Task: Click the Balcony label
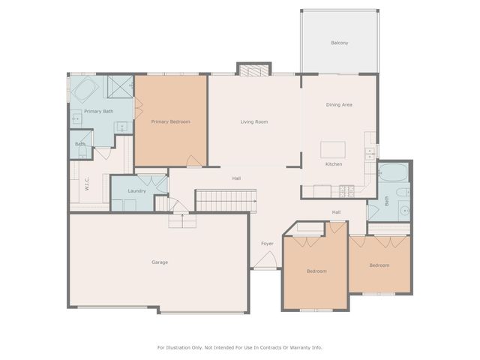(x=340, y=43)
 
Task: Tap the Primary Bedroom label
(x=170, y=121)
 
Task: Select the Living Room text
(x=254, y=121)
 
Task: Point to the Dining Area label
(x=339, y=105)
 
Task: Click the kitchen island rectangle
(x=333, y=148)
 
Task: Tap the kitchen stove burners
(x=346, y=190)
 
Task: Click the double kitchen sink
(x=370, y=154)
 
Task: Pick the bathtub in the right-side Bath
(x=392, y=174)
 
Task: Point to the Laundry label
(x=136, y=191)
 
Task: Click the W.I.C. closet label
(x=87, y=184)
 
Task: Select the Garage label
(x=160, y=262)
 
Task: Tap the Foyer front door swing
(x=265, y=260)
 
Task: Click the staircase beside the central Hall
(x=226, y=199)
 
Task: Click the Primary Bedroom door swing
(x=193, y=160)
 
